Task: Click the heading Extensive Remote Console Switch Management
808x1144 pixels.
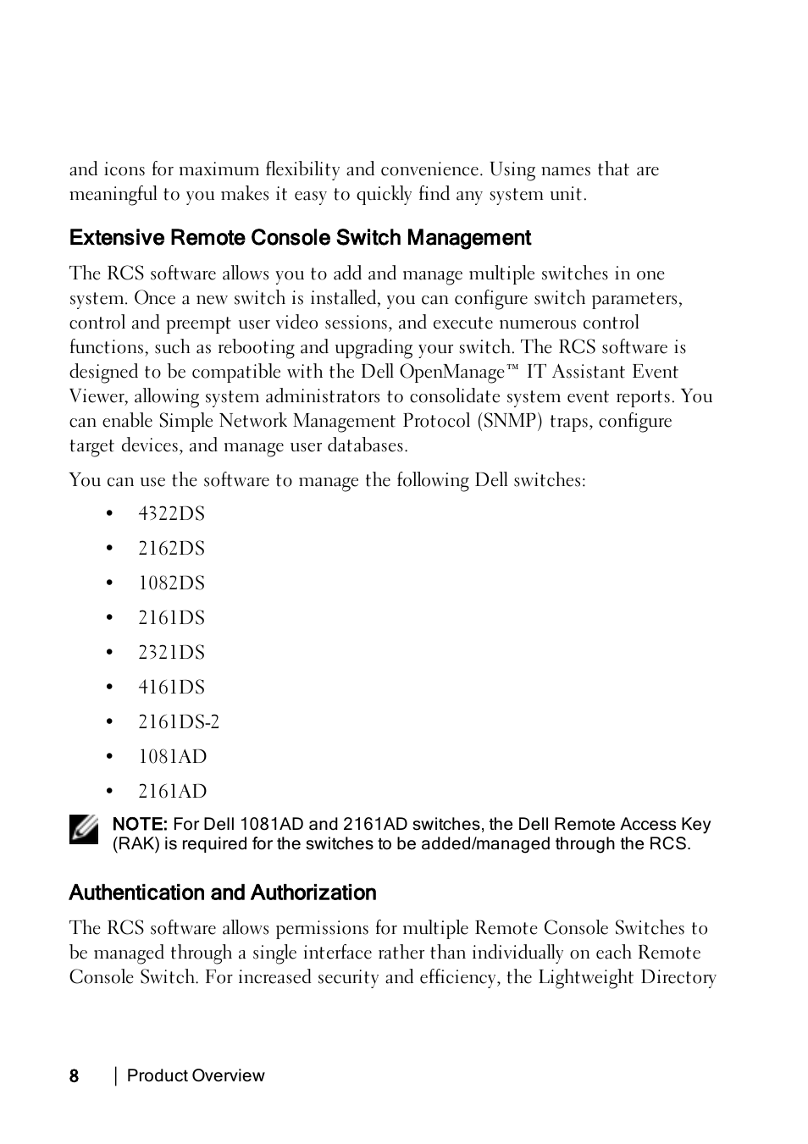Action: (300, 238)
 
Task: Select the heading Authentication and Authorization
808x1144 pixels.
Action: (223, 893)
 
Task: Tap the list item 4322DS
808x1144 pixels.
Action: (171, 514)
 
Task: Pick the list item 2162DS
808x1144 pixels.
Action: (171, 549)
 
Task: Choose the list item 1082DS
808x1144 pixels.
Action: (171, 583)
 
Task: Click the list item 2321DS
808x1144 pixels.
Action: (171, 653)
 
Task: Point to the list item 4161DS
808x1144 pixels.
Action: (171, 688)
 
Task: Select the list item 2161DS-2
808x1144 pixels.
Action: (179, 722)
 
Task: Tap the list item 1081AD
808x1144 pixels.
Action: (172, 757)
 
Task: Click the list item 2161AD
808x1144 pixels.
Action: (172, 792)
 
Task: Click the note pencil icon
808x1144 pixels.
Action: (84, 830)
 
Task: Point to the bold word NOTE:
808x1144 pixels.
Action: (140, 825)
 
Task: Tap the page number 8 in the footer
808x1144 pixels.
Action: (75, 1076)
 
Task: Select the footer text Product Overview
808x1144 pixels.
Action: (196, 1076)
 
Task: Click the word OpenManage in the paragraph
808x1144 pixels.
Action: (451, 373)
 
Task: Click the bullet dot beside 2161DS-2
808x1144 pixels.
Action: (109, 722)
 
